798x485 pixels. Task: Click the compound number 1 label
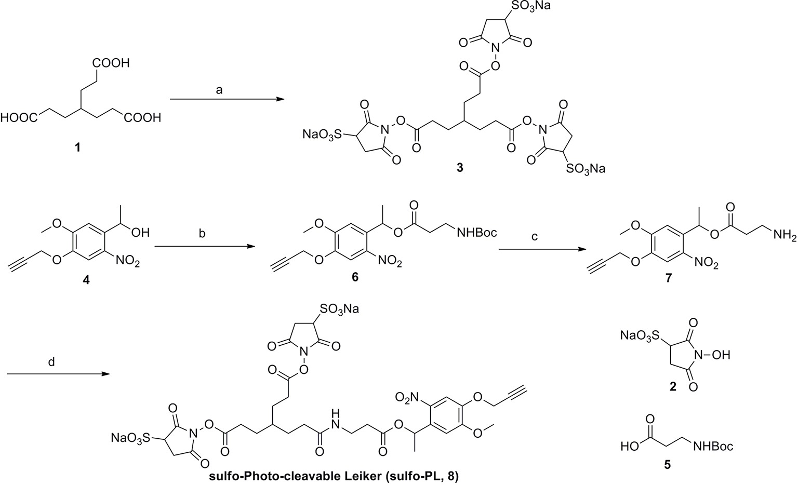tap(78, 148)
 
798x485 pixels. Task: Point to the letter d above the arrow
tap(51, 362)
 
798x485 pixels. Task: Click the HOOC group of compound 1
tap(19, 118)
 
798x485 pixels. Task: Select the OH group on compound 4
tap(140, 233)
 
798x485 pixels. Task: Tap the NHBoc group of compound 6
tap(476, 233)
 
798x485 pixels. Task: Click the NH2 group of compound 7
tap(784, 236)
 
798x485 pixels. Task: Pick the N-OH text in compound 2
tap(717, 355)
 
